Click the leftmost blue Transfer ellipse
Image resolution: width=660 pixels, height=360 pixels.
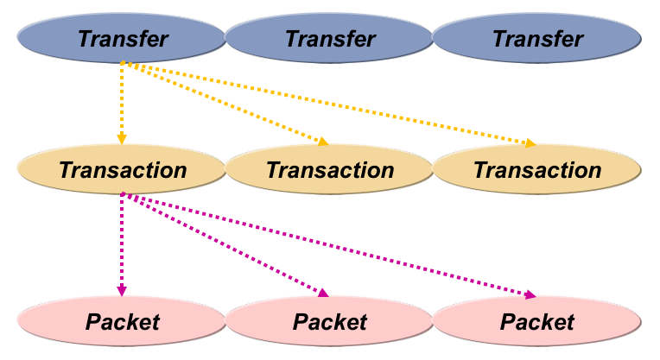coord(122,39)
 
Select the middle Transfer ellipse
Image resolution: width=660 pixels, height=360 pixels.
coord(329,39)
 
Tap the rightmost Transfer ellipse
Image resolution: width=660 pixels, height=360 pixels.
coord(536,39)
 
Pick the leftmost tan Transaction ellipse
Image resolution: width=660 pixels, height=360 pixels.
coord(122,169)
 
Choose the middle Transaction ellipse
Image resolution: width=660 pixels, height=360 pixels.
coord(329,169)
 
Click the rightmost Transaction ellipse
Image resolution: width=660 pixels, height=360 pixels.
coord(536,169)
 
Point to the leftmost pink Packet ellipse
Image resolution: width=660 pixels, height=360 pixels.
coord(122,322)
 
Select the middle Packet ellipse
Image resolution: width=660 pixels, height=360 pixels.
coord(329,322)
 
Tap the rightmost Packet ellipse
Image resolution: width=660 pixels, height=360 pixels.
coord(536,322)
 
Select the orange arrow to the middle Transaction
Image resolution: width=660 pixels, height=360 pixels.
coord(225,102)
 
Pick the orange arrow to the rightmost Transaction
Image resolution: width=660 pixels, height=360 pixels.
coord(328,102)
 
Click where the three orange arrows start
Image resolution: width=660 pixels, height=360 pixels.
coord(122,62)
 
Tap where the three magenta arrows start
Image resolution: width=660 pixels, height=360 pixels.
coord(122,193)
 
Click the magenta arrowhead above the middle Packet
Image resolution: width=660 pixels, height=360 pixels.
coord(323,293)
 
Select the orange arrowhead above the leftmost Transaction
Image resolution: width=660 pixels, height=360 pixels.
coord(122,138)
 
